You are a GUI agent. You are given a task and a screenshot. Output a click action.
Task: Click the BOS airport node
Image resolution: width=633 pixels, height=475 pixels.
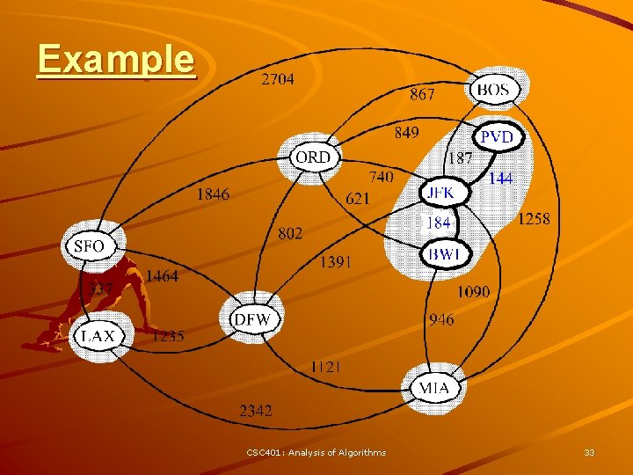(x=494, y=89)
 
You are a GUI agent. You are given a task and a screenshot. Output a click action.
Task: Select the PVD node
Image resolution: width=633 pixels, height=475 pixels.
(x=497, y=138)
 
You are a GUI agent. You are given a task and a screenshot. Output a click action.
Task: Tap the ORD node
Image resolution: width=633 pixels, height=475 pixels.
(x=313, y=157)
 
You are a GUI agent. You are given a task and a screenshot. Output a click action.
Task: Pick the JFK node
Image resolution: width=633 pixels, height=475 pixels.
(x=438, y=192)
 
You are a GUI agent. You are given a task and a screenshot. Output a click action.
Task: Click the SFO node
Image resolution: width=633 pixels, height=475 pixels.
(x=89, y=246)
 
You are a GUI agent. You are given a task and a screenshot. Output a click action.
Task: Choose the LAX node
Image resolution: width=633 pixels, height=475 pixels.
(x=98, y=335)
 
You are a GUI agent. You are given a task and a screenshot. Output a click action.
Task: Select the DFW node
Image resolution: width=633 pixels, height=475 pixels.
(x=252, y=319)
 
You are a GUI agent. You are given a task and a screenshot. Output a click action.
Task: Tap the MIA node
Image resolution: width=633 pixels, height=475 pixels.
(x=433, y=387)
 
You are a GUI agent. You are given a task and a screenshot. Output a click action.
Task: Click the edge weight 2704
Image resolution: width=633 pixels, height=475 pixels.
(x=278, y=79)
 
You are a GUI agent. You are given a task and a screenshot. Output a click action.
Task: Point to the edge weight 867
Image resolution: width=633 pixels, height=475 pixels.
(x=422, y=94)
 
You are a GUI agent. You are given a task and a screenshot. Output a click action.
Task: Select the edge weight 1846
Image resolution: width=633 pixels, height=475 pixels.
(x=213, y=194)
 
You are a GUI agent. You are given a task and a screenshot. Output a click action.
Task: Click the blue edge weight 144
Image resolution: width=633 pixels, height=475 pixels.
(x=500, y=179)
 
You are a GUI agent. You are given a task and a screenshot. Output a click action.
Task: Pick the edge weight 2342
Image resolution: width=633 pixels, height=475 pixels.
(x=256, y=410)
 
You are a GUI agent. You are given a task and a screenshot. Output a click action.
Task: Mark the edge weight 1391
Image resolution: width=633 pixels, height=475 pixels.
(x=336, y=261)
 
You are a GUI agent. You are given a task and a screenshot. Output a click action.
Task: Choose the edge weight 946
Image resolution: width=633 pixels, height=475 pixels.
(x=441, y=319)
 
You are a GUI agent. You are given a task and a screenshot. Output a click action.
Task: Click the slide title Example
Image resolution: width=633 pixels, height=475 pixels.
(x=115, y=59)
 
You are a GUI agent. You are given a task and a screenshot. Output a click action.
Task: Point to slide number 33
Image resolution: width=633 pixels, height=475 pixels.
(x=589, y=452)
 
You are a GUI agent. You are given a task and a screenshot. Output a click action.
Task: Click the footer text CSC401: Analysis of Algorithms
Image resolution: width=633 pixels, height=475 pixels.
(x=316, y=452)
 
